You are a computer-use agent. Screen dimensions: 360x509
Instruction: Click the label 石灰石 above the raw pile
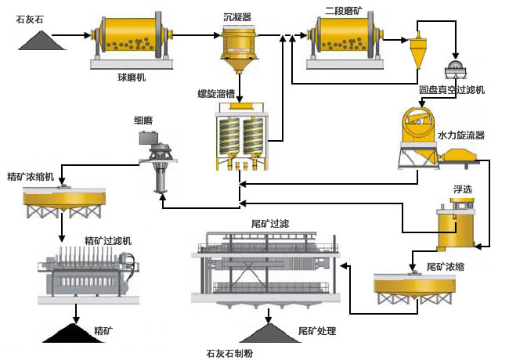click(x=30, y=19)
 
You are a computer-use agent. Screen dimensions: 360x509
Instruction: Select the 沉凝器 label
click(x=237, y=16)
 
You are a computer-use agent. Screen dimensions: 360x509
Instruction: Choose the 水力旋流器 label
click(x=461, y=135)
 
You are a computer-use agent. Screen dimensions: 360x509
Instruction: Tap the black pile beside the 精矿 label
click(x=75, y=332)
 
